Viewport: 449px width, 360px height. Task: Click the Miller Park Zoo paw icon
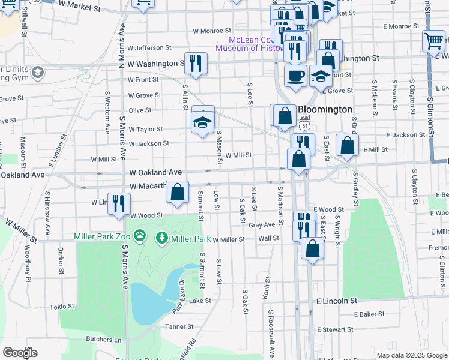tap(140, 236)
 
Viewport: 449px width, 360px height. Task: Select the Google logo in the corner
tap(20, 352)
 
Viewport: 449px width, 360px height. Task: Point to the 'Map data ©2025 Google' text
tap(412, 355)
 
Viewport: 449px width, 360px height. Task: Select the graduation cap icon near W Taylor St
tap(202, 123)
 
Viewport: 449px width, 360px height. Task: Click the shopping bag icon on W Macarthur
tap(177, 193)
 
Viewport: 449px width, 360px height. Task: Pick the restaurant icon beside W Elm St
tap(119, 203)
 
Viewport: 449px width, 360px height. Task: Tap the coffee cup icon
tap(294, 76)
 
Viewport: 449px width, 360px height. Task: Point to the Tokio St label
tap(62, 306)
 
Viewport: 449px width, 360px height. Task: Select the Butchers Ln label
tap(104, 340)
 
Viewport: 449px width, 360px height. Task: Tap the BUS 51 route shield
tap(306, 122)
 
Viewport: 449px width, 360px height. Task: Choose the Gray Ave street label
tap(261, 225)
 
